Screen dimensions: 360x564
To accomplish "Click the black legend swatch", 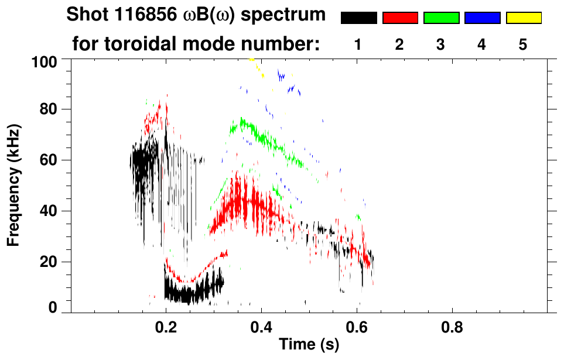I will coord(358,18).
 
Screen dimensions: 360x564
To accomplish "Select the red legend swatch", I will coord(400,18).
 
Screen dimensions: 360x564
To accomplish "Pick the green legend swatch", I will coord(441,18).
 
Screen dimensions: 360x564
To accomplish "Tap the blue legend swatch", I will coord(482,18).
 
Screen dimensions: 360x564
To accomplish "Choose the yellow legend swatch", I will coord(524,18).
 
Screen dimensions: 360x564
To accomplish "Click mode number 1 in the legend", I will coord(358,45).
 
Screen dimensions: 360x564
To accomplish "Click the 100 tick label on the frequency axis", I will coord(45,60).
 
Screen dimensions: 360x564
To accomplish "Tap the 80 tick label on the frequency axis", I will coord(48,109).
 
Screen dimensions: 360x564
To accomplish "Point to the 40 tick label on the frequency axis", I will coord(48,211).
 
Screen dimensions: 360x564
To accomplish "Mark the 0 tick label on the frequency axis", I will coord(53,307).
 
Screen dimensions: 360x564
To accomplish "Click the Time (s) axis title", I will coord(308,345).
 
